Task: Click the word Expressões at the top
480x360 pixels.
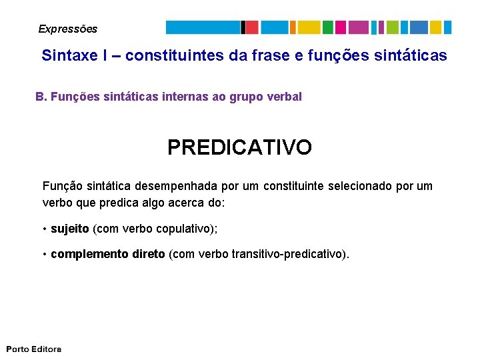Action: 67,29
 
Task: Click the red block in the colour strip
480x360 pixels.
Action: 252,27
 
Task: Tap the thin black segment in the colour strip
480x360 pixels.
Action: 243,27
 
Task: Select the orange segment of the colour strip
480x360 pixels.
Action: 293,27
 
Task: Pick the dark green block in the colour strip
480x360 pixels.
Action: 327,27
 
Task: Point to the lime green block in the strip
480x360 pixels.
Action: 392,27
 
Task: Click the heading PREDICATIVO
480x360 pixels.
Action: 239,147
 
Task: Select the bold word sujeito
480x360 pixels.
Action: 70,229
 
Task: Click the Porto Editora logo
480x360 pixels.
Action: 34,349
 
